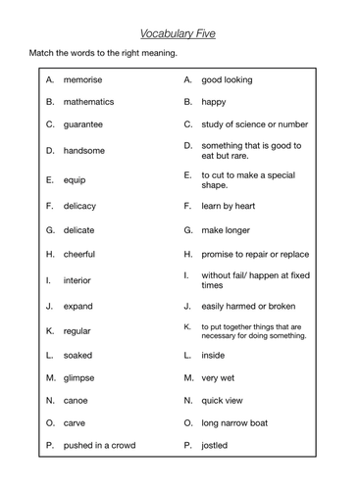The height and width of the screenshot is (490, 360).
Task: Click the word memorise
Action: (84, 78)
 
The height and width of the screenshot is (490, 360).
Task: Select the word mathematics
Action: (88, 101)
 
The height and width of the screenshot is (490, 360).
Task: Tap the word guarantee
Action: (84, 124)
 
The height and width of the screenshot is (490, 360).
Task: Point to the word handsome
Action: (84, 150)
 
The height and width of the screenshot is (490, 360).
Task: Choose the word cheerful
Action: (80, 253)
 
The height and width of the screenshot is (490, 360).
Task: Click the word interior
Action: (77, 279)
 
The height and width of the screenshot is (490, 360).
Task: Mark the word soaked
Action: (78, 355)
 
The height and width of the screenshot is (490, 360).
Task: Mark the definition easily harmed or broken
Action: (248, 305)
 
